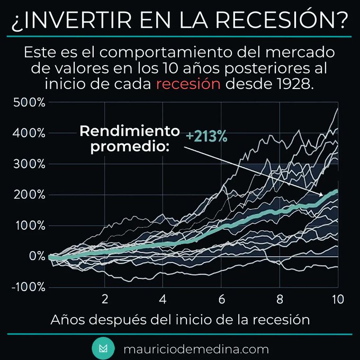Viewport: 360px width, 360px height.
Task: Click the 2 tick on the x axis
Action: point(105,299)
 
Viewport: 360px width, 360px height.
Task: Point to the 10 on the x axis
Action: point(337,299)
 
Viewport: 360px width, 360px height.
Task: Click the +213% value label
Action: point(206,137)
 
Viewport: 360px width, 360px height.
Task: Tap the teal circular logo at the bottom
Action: point(103,349)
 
